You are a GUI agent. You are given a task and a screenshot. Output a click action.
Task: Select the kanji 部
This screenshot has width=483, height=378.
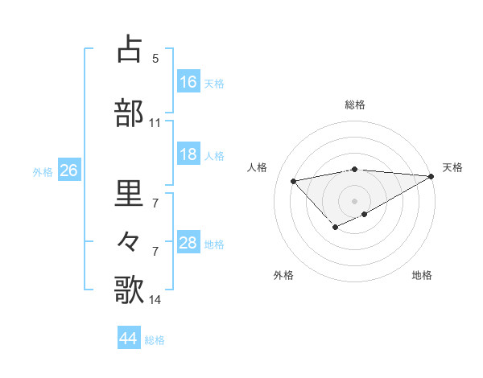click(130, 113)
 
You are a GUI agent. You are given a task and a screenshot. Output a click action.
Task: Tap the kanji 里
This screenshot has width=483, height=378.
click(130, 193)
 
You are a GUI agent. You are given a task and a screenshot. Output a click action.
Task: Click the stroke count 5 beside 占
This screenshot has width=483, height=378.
click(155, 59)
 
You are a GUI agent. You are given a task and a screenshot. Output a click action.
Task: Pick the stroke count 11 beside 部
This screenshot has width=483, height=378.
click(155, 123)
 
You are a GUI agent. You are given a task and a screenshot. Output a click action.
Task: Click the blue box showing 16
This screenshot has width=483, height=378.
click(188, 82)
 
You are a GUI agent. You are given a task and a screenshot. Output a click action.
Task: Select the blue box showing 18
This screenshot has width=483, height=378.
click(188, 154)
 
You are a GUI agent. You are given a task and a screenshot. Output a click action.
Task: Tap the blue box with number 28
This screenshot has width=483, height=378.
click(188, 243)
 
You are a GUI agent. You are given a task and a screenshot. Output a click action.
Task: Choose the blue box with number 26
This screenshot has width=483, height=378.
click(68, 171)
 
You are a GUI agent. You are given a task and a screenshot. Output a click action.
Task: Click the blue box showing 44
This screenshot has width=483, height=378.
click(129, 339)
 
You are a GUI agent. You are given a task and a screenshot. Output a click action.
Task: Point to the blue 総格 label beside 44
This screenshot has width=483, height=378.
click(155, 340)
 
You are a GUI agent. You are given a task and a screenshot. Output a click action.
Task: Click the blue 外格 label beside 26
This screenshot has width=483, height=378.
click(42, 171)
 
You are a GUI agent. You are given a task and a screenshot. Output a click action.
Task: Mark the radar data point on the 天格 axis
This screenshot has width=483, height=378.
click(432, 176)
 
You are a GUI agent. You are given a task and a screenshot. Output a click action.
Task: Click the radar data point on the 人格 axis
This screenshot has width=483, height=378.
click(293, 180)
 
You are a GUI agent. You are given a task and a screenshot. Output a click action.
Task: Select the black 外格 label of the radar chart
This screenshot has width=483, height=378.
click(283, 275)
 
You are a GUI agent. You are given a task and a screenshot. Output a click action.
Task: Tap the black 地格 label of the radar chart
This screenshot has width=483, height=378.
click(422, 275)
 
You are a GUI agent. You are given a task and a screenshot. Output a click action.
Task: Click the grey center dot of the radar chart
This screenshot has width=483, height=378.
click(354, 200)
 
